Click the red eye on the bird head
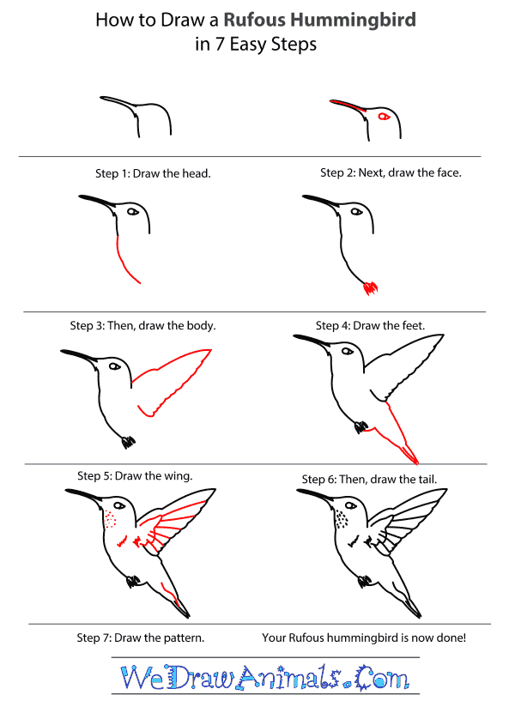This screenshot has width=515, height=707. point(383,117)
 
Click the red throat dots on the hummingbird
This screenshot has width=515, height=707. point(109,520)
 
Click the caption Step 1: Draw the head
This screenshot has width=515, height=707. point(153,173)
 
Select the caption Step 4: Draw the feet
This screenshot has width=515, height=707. point(370,326)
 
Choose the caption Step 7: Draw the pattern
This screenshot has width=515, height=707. point(140,638)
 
